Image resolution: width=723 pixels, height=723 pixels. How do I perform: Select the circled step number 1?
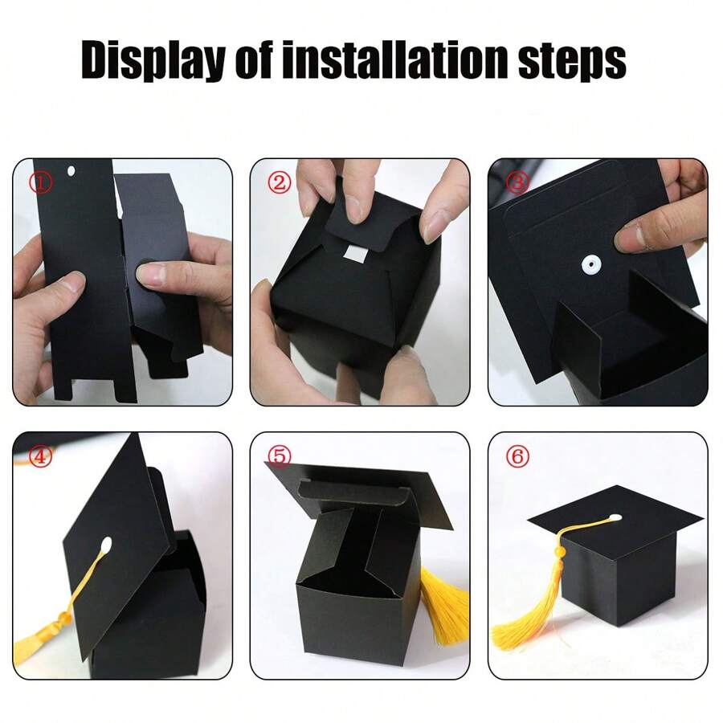click(x=41, y=182)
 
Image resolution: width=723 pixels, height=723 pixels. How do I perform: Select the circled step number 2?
click(x=279, y=182)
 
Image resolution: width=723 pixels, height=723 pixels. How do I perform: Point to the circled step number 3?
click(x=517, y=182)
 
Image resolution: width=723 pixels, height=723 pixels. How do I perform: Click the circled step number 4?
click(x=41, y=456)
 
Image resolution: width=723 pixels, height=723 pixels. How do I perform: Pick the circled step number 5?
click(x=279, y=456)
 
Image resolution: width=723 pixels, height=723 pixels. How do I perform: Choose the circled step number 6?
click(x=518, y=456)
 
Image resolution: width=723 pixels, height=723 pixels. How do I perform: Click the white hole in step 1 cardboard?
click(x=71, y=171)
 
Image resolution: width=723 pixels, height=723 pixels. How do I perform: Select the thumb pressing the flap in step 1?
click(x=153, y=274)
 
